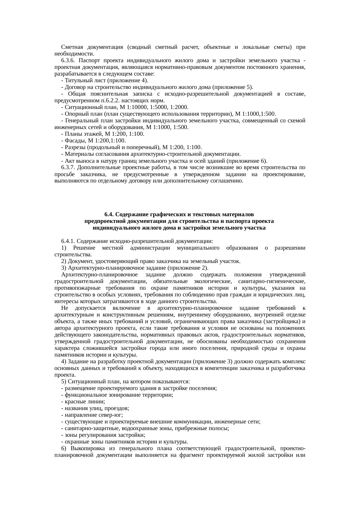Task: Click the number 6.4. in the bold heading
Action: coord(109,214)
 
